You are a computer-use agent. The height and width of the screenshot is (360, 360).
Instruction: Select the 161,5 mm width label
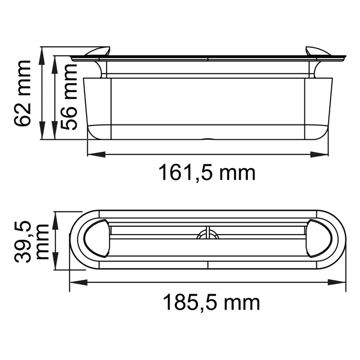click(x=206, y=173)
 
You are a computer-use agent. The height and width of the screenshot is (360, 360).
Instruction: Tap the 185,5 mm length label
click(x=211, y=302)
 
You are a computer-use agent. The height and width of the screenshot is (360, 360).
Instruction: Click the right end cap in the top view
click(x=318, y=239)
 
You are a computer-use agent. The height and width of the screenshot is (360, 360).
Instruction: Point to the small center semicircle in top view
click(x=207, y=235)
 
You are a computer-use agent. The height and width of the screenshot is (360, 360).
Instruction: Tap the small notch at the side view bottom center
click(x=207, y=138)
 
